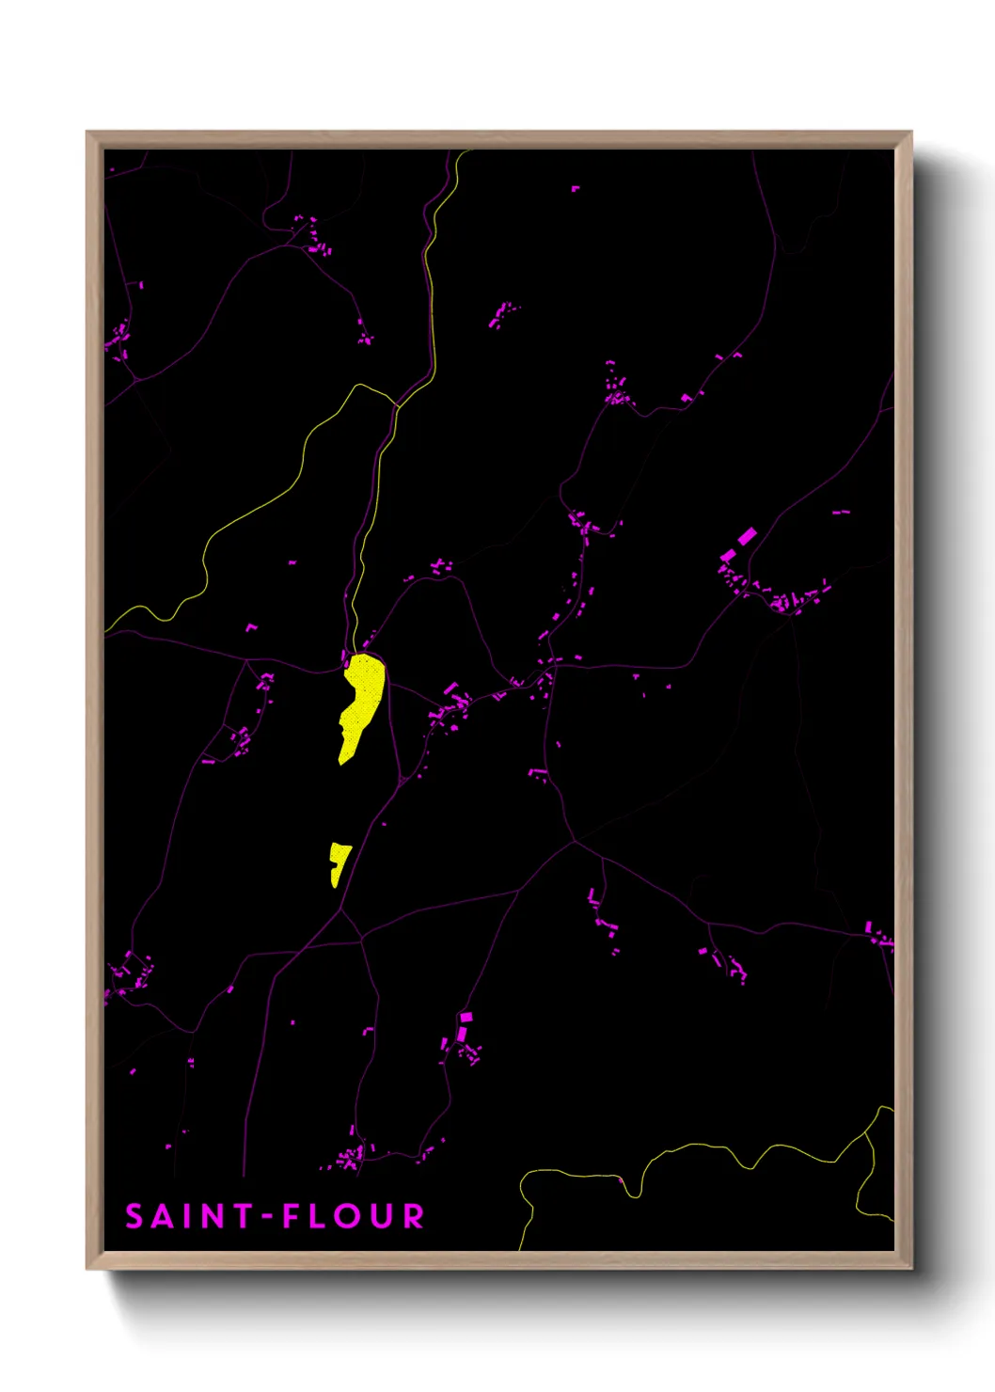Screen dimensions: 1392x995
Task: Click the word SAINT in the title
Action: click(x=189, y=1216)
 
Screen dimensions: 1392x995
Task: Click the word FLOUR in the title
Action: click(x=354, y=1216)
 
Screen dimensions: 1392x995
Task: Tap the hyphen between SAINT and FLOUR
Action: click(x=267, y=1217)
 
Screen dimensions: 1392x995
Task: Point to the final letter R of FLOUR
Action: click(x=414, y=1216)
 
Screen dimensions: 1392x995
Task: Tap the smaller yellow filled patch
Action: click(x=338, y=862)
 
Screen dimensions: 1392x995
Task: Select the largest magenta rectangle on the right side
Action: click(x=747, y=536)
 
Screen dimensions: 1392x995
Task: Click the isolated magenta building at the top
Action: click(x=576, y=189)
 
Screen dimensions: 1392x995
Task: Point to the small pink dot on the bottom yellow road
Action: click(x=621, y=1179)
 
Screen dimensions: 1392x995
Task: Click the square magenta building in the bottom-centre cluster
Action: click(x=466, y=1018)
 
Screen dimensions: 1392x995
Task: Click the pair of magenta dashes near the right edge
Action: click(x=841, y=514)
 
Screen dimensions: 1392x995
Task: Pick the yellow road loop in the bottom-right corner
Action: click(x=875, y=1166)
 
